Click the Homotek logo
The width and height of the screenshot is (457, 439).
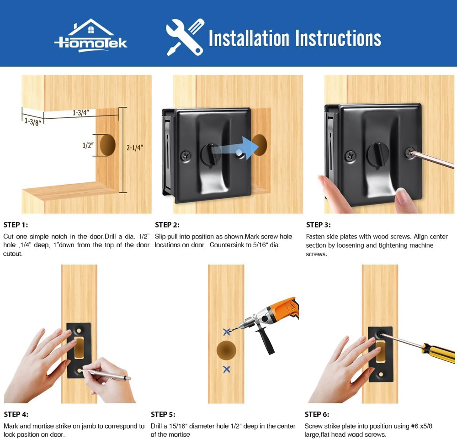[90, 36]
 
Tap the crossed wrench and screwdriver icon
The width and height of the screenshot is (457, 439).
[185, 37]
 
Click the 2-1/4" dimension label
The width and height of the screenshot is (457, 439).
[135, 148]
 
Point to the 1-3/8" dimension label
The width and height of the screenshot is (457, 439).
[32, 122]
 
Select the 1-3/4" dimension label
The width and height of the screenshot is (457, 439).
[81, 112]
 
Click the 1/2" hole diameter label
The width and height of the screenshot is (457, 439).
[88, 145]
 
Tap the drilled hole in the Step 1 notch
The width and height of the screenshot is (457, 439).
[107, 145]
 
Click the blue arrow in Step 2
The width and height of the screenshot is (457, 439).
[234, 148]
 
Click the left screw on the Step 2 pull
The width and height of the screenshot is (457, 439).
[186, 156]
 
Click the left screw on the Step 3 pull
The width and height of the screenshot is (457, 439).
[350, 156]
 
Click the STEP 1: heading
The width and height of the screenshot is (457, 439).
[16, 225]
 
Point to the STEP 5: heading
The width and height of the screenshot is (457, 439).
[163, 414]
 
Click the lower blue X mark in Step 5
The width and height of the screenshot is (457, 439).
[227, 370]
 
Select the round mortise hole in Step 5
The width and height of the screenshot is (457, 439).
[227, 350]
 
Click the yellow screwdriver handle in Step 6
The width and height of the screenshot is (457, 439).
[438, 353]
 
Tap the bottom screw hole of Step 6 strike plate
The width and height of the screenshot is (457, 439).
[380, 374]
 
